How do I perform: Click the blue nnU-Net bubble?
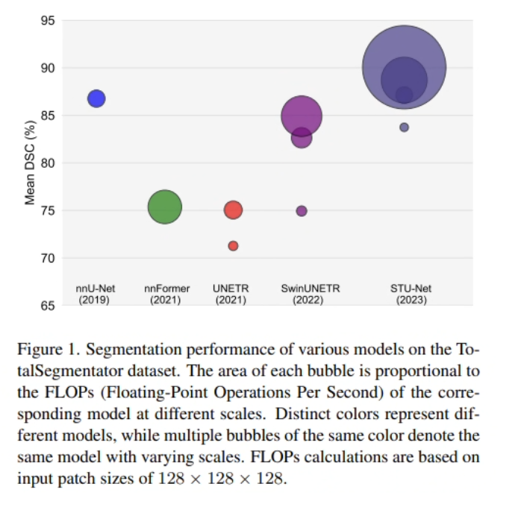(96, 98)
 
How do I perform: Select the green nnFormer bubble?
(165, 207)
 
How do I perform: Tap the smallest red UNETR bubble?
(233, 246)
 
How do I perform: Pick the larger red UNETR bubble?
(233, 210)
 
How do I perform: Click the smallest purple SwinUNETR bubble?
(302, 211)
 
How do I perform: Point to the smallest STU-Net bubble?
(405, 128)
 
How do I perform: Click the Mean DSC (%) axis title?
(31, 163)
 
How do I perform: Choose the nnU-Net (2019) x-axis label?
(94, 294)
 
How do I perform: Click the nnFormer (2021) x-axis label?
(167, 294)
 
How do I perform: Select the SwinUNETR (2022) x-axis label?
(302, 294)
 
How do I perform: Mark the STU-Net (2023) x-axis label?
(411, 294)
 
